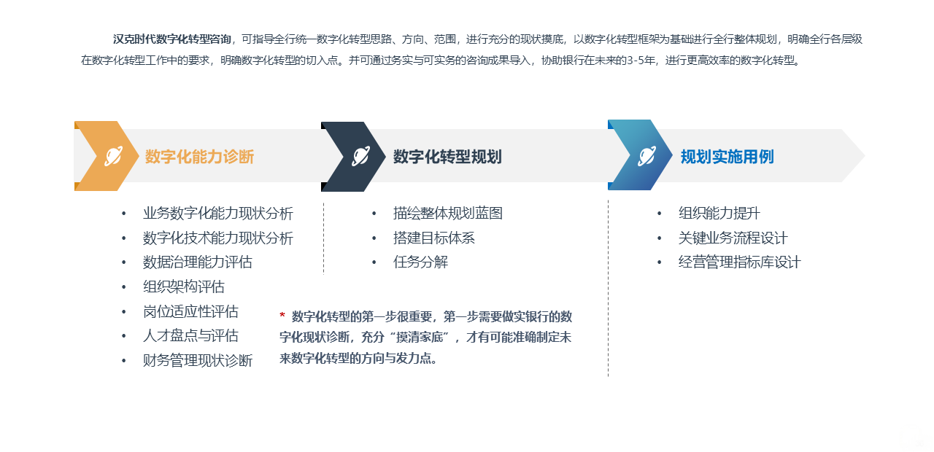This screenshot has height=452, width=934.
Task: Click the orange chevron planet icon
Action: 113,156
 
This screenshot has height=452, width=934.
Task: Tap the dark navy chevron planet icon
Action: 360,156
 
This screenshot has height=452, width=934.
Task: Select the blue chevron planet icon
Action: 647,156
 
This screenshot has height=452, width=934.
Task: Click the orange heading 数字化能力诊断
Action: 199,157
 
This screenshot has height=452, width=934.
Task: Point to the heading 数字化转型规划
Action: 447,157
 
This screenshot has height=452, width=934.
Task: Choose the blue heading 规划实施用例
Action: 727,157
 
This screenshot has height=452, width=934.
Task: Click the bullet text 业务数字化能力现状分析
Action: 218,214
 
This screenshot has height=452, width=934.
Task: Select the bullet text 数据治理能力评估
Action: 198,262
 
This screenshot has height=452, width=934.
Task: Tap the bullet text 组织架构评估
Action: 184,287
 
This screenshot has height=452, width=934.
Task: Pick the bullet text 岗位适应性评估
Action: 190,311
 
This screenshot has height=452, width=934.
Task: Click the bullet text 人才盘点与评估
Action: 190,335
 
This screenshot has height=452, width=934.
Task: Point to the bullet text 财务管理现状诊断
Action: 198,360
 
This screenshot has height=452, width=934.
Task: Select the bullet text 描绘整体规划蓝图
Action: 448,214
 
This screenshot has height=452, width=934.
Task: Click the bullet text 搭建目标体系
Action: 434,238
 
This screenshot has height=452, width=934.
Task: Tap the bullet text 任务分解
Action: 420,262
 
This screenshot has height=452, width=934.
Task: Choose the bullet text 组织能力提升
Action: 719,214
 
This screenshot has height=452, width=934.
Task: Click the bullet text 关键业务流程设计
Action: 733,238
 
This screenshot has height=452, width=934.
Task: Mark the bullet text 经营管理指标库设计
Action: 740,262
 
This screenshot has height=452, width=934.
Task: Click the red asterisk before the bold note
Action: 282,314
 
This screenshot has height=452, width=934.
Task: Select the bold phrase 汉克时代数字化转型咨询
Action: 171,39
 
